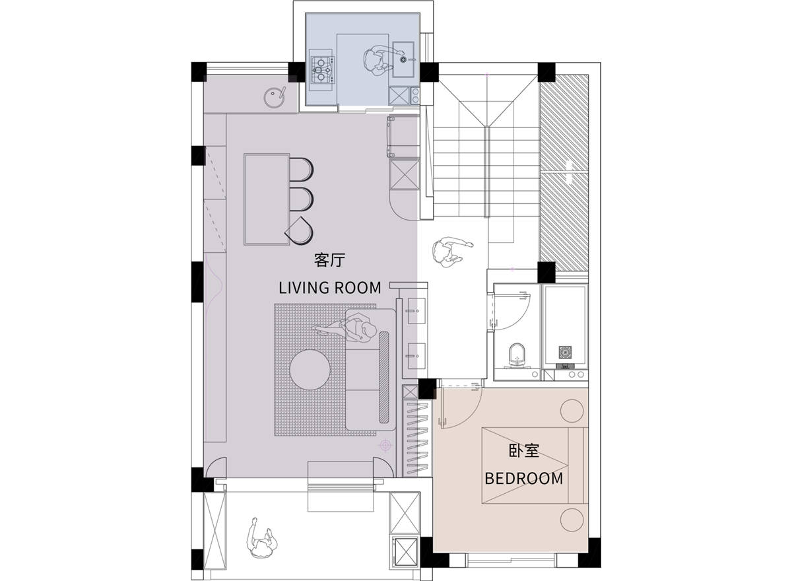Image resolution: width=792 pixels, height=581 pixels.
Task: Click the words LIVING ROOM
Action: [x=330, y=288]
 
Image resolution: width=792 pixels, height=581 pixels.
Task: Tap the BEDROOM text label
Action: [x=524, y=479]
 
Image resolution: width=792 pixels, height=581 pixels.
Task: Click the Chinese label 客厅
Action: [x=329, y=260]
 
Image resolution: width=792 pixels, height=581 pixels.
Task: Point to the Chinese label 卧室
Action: [x=524, y=451]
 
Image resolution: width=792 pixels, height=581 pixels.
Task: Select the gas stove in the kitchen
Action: [x=321, y=70]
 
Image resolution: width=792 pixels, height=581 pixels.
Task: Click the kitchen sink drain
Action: [x=403, y=59]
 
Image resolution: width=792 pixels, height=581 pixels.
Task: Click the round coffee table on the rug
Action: [x=310, y=370]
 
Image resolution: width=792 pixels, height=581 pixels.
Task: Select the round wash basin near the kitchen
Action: [x=274, y=97]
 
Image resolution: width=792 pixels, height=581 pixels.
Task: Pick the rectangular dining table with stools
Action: [x=267, y=199]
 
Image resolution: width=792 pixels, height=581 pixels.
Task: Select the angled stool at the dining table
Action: [x=300, y=230]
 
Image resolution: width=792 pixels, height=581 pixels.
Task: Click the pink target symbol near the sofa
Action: [x=385, y=444]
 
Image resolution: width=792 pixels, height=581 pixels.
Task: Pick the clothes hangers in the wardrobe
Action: [x=418, y=439]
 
